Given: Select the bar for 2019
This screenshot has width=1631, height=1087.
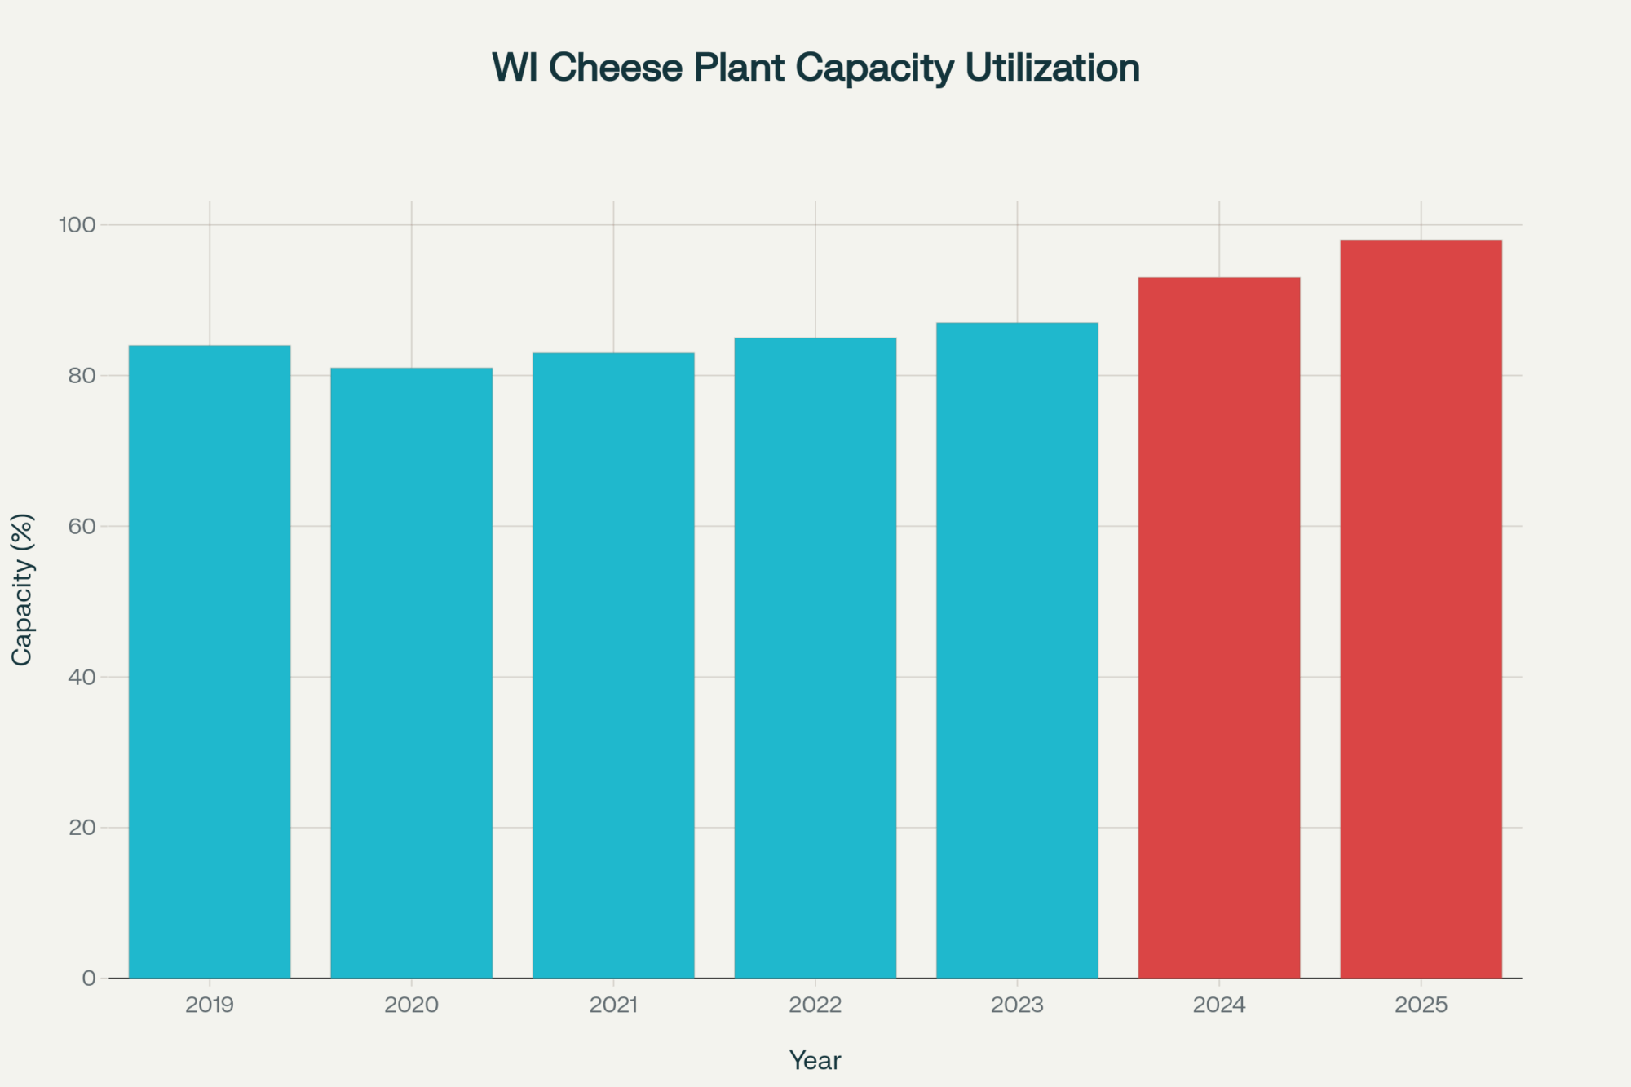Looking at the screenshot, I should coord(210,661).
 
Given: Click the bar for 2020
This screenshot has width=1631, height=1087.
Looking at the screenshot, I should coord(411,673).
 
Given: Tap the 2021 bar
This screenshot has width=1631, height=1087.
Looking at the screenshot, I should coord(613,665).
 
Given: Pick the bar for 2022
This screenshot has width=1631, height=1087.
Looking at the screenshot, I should coord(815,657).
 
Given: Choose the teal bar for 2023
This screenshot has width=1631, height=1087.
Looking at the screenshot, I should coord(1017,650).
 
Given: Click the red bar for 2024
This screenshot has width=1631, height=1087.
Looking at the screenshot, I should coord(1219,628).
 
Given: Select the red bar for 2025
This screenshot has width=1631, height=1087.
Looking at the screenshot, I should coord(1421,609).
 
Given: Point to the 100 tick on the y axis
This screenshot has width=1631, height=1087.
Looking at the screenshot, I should coord(77,224).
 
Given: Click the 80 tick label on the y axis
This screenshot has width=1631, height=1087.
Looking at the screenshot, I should coord(82,376).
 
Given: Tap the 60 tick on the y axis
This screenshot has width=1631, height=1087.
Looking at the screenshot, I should coord(82,526).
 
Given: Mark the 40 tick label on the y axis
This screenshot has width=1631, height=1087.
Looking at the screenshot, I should coord(82,677).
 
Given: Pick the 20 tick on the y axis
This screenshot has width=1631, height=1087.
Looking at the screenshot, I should coord(82,828).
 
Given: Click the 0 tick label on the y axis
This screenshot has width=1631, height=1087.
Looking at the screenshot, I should coord(89,978).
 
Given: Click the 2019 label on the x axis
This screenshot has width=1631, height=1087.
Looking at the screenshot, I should coord(210,1005).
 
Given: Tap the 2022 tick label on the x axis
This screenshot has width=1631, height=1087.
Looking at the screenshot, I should coord(815,1005).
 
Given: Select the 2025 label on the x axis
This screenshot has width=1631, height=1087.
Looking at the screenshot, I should coord(1421,1005).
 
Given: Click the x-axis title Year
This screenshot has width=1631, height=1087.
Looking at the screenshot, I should coord(815,1060).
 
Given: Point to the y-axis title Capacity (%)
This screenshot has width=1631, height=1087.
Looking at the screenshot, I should coord(22,589).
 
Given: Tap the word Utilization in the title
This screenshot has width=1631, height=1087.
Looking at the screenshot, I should coord(1052,68).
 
